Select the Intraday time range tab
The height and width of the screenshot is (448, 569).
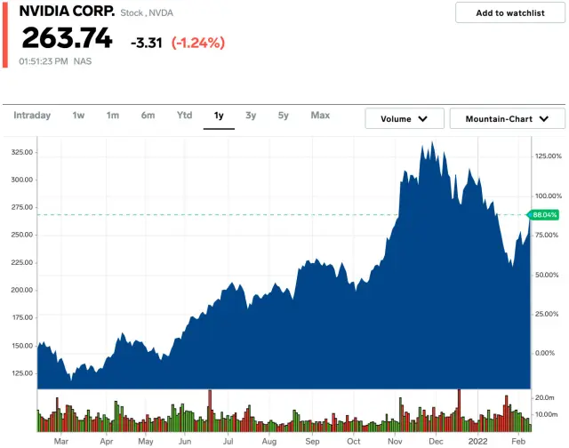point(32,116)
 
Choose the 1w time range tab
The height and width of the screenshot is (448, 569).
point(78,116)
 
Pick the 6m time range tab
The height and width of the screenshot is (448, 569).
point(148,116)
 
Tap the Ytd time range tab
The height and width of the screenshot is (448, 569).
point(184,116)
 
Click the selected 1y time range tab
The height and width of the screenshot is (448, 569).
point(219,116)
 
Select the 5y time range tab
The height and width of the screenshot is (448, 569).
point(283,116)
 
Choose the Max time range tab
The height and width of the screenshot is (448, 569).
point(320,116)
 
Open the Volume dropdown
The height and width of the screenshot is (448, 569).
point(405,118)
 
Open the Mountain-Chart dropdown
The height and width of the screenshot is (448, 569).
point(508,118)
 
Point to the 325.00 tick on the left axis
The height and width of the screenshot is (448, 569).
point(21,152)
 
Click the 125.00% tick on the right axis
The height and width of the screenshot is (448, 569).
point(547,156)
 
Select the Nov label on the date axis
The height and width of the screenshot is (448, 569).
point(395,441)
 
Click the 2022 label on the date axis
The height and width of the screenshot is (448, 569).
point(477,441)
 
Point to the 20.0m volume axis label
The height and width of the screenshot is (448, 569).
point(544,396)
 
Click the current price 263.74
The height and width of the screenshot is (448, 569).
point(67,39)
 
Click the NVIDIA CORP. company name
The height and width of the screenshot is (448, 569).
point(67,12)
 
